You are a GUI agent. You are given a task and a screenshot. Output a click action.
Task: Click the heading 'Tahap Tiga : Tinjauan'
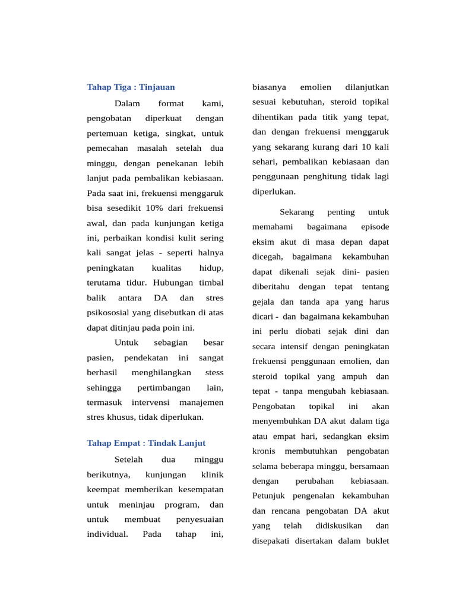(131, 87)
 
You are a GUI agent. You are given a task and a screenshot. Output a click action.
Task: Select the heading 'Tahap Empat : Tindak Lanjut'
(146, 443)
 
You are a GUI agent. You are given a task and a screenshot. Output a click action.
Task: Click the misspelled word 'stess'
(214, 372)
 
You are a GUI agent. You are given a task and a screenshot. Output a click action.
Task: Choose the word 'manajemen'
(201, 402)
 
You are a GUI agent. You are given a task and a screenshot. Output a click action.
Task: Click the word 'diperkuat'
(163, 119)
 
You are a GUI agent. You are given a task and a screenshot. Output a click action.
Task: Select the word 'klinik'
(212, 474)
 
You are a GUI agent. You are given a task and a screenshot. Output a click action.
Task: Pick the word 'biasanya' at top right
(269, 87)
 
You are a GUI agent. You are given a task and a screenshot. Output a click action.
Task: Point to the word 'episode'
(375, 227)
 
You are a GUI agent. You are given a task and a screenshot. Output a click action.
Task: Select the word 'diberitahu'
(270, 286)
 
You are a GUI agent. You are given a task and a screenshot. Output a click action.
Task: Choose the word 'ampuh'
(355, 376)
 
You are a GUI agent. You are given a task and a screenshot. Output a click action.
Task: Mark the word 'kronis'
(263, 452)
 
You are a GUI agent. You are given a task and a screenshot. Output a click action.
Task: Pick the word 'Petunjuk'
(268, 495)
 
